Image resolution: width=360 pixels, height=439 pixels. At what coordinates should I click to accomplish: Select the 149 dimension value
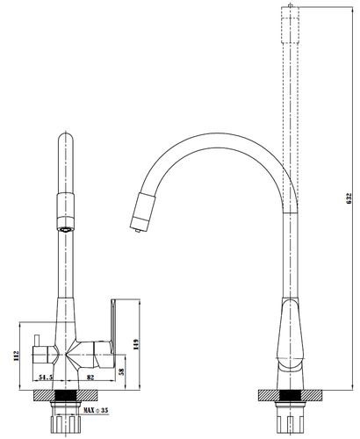click(135, 345)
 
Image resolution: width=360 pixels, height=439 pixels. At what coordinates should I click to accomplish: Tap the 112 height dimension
click(16, 356)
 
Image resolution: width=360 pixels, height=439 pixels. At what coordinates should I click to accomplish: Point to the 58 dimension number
click(122, 371)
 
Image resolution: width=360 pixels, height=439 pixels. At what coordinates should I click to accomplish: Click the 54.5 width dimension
click(46, 378)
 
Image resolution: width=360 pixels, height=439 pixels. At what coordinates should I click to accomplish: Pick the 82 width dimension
click(90, 378)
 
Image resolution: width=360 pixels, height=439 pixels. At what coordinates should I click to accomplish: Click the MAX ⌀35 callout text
click(96, 410)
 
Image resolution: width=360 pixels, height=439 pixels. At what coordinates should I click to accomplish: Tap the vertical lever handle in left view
click(113, 325)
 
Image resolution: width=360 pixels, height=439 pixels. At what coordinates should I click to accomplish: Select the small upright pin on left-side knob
click(37, 341)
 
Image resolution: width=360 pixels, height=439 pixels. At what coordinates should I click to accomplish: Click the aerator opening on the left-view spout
click(65, 229)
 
